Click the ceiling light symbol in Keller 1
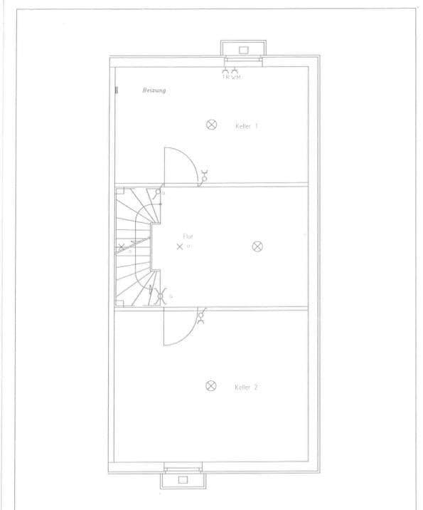point(211,125)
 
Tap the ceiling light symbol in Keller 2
point(210,386)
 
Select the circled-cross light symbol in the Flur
point(258,246)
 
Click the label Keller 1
point(246,125)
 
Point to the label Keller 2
point(246,387)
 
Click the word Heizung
point(154,91)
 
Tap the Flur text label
point(188,236)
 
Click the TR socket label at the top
point(227,77)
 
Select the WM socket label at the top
point(236,77)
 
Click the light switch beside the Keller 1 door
point(205,175)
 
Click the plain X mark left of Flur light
point(180,246)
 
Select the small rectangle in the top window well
point(243,51)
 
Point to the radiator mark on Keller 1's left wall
point(117,90)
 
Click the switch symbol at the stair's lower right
point(161,294)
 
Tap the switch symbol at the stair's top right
point(157,193)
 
